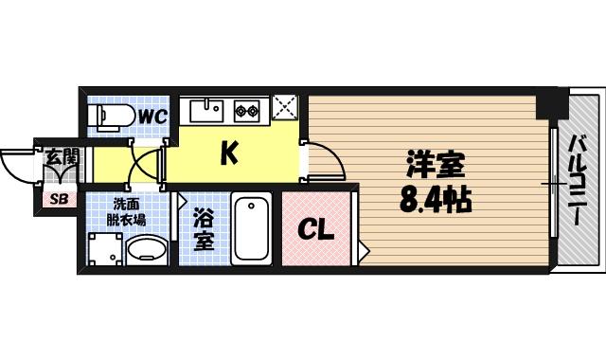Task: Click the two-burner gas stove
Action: (249, 111)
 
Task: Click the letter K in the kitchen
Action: (228, 153)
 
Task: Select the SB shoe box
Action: (59, 199)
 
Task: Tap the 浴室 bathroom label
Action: (204, 228)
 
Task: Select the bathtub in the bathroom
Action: (252, 228)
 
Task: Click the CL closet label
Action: (316, 229)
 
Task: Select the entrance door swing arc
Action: (21, 171)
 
